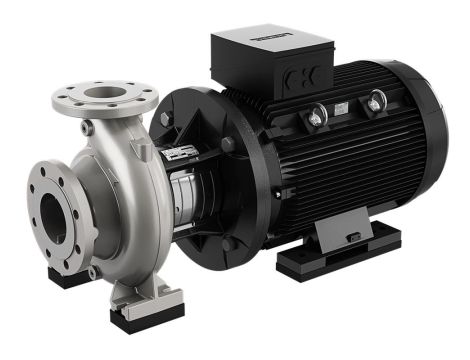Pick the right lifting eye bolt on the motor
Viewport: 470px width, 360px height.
point(376,101)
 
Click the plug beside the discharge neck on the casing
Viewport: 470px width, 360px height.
point(89,129)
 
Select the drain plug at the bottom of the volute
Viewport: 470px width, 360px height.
point(94,271)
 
